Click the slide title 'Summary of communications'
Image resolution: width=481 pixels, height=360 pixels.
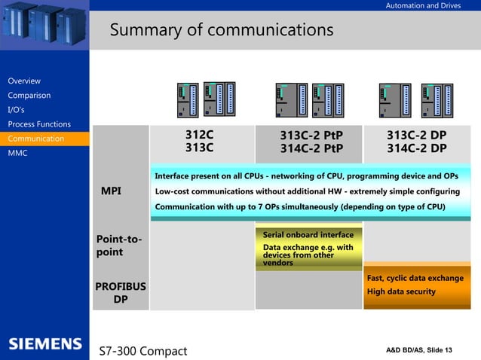(x=221, y=30)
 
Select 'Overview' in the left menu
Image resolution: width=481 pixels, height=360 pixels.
(x=24, y=81)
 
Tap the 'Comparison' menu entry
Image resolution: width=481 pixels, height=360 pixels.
(x=29, y=96)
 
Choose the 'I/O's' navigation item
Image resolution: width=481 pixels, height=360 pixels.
(x=16, y=110)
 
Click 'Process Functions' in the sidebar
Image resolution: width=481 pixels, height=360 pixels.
(x=39, y=124)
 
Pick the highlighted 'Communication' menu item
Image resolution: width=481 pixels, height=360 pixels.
(x=36, y=139)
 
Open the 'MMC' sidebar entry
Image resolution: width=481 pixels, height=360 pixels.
(x=17, y=153)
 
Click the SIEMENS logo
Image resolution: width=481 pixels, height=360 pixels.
(x=44, y=344)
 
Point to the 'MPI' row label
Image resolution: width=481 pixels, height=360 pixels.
(x=111, y=191)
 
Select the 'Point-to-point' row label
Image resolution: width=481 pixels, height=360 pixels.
(x=118, y=246)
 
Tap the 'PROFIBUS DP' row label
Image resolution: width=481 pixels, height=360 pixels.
(x=120, y=293)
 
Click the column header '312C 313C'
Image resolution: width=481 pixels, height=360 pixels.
(x=200, y=141)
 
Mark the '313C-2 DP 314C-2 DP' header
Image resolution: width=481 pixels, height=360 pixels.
(x=416, y=141)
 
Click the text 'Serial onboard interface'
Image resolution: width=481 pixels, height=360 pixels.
(x=308, y=235)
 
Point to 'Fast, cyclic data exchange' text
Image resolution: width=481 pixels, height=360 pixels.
(x=415, y=279)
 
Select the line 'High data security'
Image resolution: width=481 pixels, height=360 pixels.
(x=401, y=291)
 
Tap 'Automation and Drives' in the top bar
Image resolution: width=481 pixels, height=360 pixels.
(x=423, y=6)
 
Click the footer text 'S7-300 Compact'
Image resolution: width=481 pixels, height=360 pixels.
(x=143, y=351)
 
